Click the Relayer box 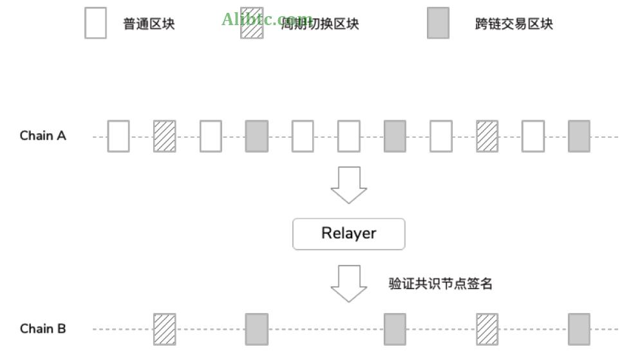(348, 234)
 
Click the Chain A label (43, 136)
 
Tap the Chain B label (43, 328)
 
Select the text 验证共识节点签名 (440, 283)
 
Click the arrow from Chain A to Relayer (348, 185)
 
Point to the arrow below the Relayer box (348, 283)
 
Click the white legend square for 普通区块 (95, 23)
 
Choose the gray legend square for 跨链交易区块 (438, 23)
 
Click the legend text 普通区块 (149, 24)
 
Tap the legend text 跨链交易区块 (514, 24)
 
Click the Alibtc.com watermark (267, 19)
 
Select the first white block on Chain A (118, 136)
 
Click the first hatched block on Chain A (164, 136)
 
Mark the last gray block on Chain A (579, 136)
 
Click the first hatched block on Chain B (164, 329)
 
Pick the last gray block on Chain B (579, 329)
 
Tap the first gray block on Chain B (256, 329)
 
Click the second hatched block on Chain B (487, 329)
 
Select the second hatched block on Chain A (487, 136)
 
